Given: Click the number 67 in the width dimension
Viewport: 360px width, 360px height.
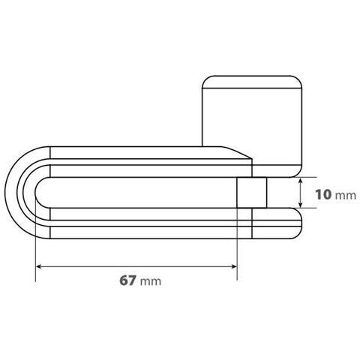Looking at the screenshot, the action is pos(127,280).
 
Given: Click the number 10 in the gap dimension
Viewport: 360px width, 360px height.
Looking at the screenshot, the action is pos(323,194).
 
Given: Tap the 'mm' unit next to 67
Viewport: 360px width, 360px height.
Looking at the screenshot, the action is pos(151,282).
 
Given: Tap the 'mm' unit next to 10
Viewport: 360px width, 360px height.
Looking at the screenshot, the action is pos(346,196).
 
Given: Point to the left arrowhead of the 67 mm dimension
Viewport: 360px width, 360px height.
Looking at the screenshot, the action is pos(39,267).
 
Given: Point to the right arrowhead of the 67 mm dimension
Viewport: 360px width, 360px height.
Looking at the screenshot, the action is pos(234,267).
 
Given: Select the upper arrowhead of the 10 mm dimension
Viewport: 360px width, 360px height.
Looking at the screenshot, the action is pos(301,181).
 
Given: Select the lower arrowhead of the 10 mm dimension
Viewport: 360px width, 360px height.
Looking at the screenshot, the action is pos(301,205).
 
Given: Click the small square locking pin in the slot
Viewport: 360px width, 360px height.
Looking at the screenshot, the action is pos(252,193).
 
